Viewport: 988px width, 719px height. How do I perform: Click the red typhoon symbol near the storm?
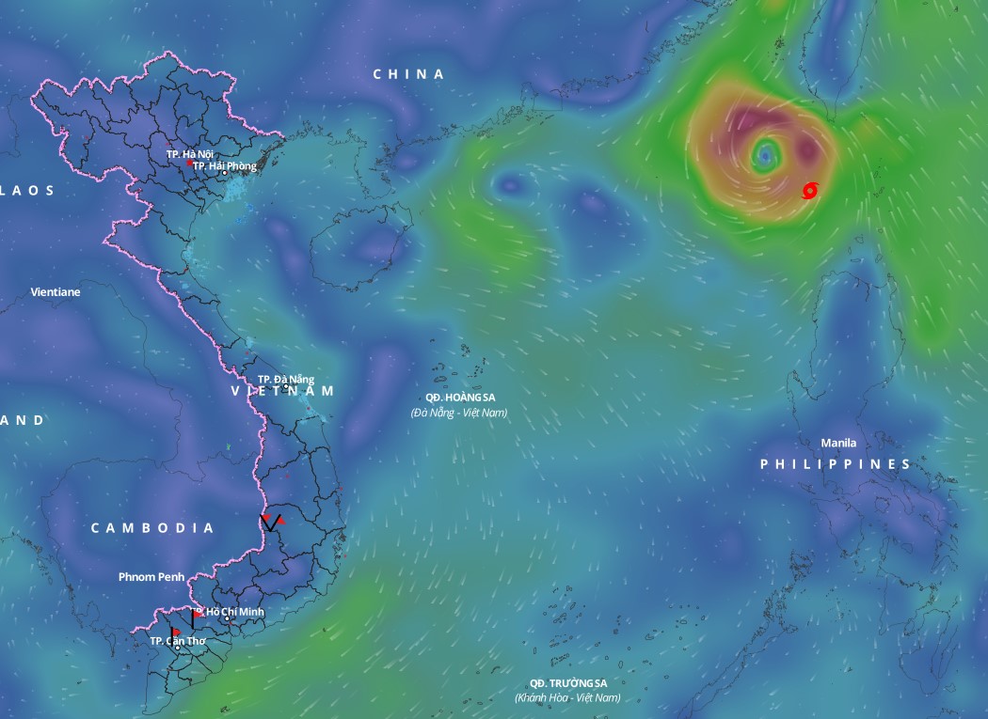[x=809, y=191]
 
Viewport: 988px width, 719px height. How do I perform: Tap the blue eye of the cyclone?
[x=766, y=152]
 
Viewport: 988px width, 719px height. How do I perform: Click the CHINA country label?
[x=408, y=74]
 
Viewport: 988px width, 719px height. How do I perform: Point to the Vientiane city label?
[x=56, y=292]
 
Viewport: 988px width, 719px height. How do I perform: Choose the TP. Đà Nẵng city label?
[x=286, y=379]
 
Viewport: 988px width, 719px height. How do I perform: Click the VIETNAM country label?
[x=282, y=391]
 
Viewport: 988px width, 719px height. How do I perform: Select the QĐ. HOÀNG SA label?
[x=459, y=398]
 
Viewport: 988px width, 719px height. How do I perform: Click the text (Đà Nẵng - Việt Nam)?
[x=459, y=413]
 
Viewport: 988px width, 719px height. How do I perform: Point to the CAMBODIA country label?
[x=152, y=528]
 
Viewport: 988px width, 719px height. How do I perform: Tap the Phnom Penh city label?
[x=151, y=576]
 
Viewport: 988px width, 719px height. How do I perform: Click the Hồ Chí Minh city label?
[x=235, y=612]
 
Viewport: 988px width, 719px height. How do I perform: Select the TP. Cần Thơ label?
[x=177, y=641]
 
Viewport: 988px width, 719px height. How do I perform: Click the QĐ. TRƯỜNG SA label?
[x=567, y=682]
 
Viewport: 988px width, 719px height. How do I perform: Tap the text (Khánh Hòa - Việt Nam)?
[x=567, y=697]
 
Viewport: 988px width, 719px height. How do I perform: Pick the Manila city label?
[x=838, y=443]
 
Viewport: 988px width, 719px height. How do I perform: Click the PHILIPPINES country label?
[x=836, y=464]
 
